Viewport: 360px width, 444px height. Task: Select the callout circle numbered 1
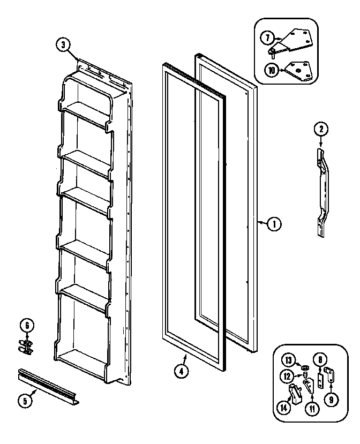coord(273,225)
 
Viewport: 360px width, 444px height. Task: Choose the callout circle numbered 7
coord(267,37)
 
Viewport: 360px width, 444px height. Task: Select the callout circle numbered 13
coord(289,359)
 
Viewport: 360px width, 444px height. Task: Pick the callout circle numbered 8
coord(320,360)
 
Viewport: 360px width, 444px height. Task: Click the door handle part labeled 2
coord(323,193)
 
